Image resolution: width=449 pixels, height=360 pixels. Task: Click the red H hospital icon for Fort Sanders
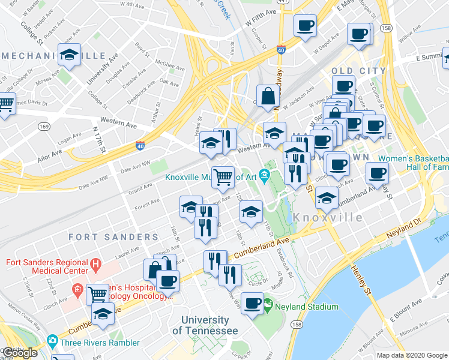coord(95,263)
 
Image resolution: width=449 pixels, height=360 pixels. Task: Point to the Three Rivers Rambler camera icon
coord(52,343)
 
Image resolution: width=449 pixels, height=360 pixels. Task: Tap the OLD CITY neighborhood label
coord(358,71)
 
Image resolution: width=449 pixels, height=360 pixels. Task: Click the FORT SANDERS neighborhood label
coord(104,237)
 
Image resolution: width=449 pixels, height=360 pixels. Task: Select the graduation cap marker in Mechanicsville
coord(70,55)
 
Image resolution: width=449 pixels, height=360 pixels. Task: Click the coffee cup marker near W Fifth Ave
coord(305,26)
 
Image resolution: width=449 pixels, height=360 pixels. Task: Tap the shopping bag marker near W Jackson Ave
coord(267,95)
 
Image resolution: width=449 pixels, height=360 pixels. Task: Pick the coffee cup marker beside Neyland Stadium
coord(253,302)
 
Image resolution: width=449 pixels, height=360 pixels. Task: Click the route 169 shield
coord(44,127)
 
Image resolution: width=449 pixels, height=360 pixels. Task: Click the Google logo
coord(20,353)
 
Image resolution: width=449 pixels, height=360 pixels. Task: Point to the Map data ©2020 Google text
coord(412,355)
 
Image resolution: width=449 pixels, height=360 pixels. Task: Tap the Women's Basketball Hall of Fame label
coord(413,163)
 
